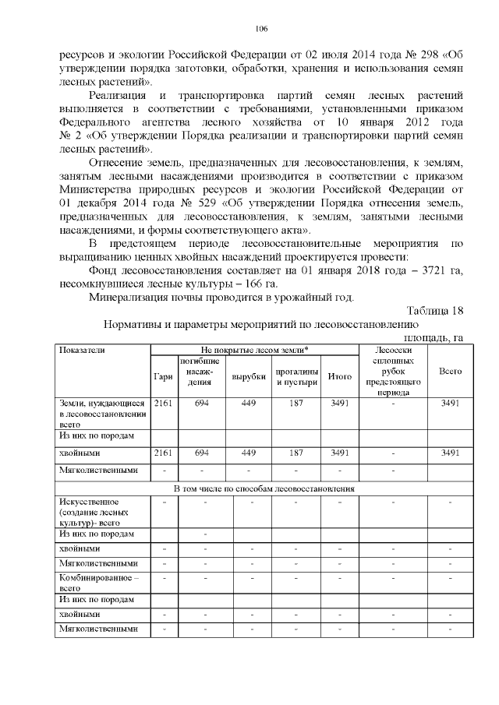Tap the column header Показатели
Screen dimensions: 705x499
click(x=81, y=350)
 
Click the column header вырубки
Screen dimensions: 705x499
click(x=249, y=377)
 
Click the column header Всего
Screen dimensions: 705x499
click(x=450, y=372)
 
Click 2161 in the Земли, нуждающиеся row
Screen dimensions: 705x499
click(x=164, y=403)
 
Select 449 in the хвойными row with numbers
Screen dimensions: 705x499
click(x=249, y=452)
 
